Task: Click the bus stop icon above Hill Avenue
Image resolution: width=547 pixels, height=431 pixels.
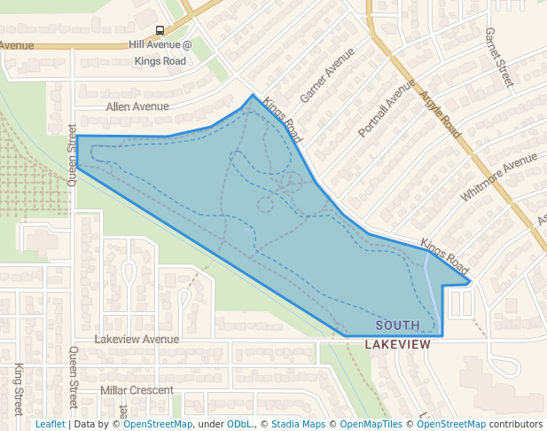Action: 160,29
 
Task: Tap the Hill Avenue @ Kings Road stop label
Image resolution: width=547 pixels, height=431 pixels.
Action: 160,52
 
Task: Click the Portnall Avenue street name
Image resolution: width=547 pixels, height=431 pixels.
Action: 386,107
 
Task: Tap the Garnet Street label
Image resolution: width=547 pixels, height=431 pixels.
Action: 499,57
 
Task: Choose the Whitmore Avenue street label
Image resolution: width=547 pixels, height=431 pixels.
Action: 498,177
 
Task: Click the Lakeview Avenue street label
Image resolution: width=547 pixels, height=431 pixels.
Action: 137,339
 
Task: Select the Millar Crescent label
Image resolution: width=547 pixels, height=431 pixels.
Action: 137,390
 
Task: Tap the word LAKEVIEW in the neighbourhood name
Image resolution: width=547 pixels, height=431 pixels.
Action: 397,344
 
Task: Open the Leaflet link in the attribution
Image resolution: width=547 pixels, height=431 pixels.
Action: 50,425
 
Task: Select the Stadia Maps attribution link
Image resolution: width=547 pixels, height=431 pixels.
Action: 297,425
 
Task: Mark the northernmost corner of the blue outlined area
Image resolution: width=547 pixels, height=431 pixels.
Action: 254,95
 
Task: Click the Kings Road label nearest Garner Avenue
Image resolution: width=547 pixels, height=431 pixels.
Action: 283,121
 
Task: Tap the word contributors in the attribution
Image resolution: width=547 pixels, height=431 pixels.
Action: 516,425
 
